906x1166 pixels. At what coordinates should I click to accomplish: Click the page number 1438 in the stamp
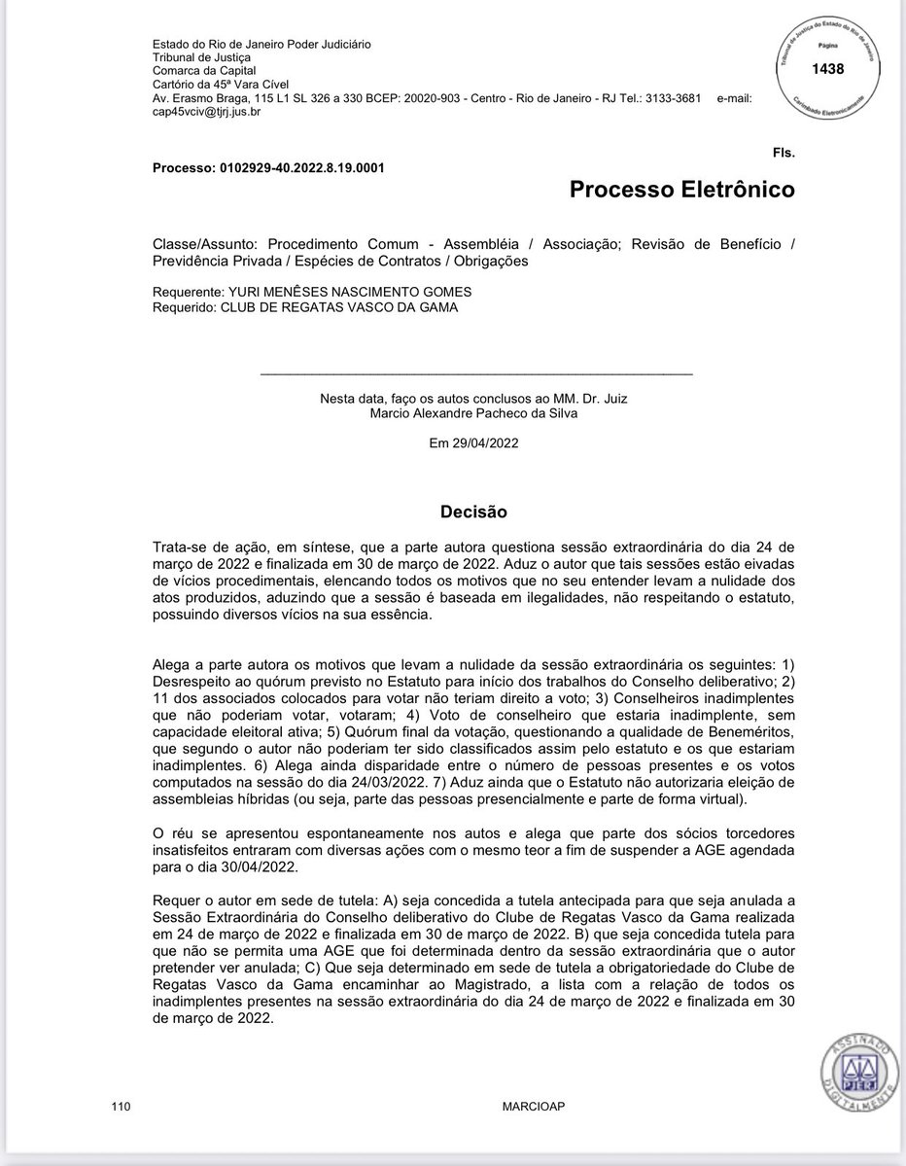pos(830,69)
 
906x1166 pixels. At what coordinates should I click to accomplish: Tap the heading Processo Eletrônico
pos(681,190)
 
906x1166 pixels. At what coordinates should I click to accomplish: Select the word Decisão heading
pos(473,511)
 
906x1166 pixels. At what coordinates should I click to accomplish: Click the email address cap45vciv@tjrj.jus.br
pos(207,112)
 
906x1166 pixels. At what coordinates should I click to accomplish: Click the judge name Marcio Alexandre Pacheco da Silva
pos(473,412)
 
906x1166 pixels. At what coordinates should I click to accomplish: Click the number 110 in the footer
pos(121,1107)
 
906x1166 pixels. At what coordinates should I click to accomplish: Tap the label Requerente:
pos(187,292)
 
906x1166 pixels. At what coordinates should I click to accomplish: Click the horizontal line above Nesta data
pos(476,373)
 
